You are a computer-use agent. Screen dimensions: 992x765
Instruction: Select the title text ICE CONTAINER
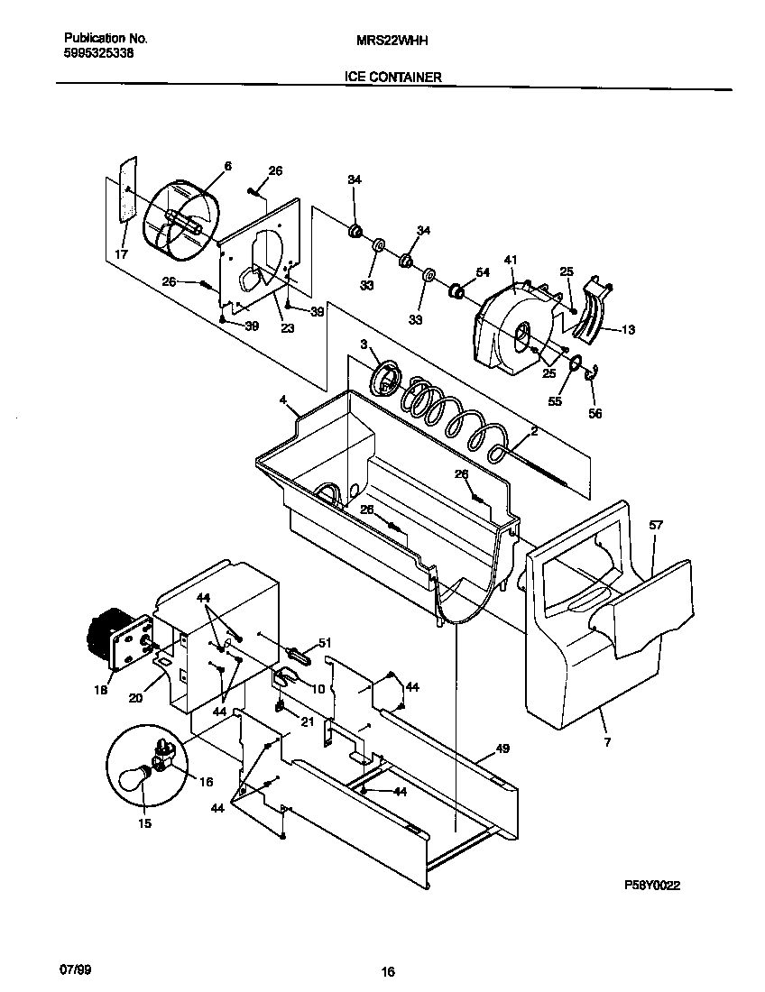pos(392,78)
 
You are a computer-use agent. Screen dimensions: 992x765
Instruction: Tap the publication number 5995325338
pos(100,53)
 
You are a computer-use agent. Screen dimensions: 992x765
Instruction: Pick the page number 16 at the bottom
pos(388,971)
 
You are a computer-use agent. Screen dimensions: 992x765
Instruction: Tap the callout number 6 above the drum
pos(227,166)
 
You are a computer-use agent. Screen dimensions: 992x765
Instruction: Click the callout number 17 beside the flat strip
pos(121,255)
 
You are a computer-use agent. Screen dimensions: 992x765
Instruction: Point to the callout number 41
pos(511,261)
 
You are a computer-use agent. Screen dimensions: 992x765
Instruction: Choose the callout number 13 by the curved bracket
pos(628,330)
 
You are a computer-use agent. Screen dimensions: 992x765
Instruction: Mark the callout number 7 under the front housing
pos(608,742)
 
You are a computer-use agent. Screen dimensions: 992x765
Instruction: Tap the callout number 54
pos(483,272)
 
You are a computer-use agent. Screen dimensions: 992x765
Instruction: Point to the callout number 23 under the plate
pos(287,328)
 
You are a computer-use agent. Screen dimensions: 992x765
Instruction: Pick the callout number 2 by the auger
pos(533,432)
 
